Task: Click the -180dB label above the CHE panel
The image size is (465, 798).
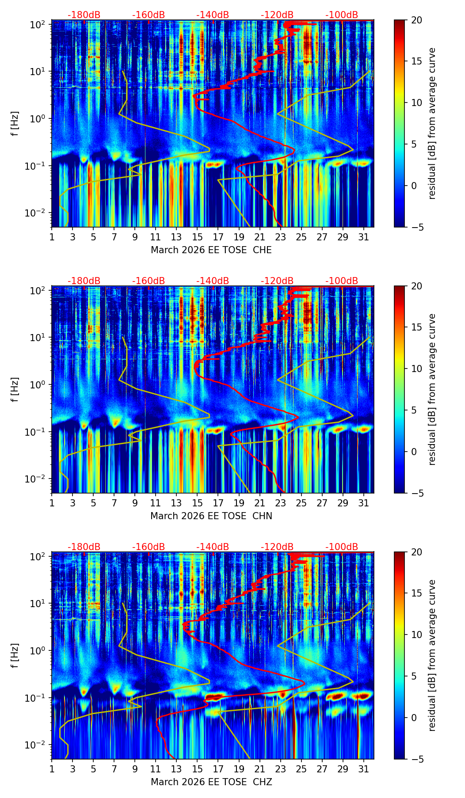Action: (84, 15)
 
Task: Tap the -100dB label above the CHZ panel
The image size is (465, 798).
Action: (342, 547)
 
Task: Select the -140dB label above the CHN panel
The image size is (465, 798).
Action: (213, 281)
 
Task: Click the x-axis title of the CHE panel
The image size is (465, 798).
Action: (211, 250)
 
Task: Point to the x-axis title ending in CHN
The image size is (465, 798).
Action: (211, 516)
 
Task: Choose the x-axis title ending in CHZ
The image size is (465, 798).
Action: (211, 782)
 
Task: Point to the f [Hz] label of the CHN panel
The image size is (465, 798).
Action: (15, 389)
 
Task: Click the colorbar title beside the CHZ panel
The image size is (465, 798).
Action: (432, 655)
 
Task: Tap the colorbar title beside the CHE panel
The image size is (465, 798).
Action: (432, 123)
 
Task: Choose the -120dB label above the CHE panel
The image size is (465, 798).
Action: (277, 15)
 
